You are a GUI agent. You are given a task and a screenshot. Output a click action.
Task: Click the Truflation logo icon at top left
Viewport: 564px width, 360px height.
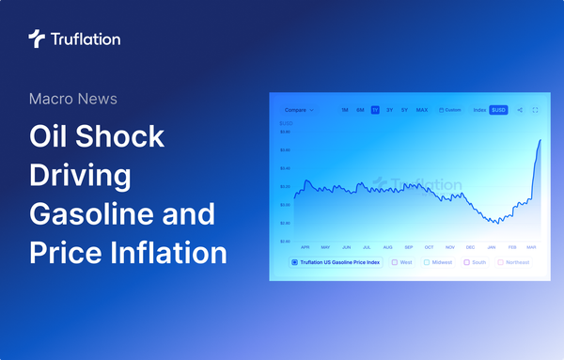37,39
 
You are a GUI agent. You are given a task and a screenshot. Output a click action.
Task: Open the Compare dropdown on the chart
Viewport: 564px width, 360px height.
298,110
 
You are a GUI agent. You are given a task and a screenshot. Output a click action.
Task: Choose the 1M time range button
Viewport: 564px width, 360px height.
345,110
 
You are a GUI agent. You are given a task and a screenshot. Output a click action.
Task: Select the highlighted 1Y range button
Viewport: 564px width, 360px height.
375,110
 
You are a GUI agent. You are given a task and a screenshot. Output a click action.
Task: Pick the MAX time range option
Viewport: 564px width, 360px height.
422,110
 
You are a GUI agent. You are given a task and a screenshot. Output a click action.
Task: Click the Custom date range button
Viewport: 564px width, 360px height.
449,110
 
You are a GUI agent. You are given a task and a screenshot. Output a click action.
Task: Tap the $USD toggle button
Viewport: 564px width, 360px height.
498,110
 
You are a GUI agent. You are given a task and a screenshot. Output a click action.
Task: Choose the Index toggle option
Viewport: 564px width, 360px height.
479,110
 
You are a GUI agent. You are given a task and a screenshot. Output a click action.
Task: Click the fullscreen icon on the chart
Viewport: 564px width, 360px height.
535,110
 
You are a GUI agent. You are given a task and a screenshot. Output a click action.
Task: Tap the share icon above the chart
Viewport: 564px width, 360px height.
520,110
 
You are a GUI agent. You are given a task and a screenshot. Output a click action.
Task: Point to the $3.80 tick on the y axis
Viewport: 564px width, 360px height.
285,132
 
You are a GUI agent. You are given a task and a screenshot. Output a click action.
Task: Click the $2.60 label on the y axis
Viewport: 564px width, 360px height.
285,242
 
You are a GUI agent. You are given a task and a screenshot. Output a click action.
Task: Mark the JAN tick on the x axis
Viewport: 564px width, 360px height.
491,246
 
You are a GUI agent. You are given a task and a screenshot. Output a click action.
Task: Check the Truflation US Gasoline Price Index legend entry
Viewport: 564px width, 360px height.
337,262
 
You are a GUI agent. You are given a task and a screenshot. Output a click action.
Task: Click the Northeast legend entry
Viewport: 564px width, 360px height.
514,262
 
